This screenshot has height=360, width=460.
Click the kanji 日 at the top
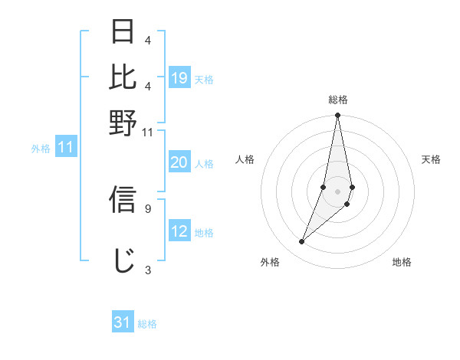point(123,32)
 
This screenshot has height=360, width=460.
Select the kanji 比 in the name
point(123,77)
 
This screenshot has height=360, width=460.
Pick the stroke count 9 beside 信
point(147,208)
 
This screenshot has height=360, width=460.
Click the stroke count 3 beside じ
point(147,269)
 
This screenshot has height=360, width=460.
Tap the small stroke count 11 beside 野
point(148,132)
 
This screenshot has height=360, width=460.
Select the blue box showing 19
point(179,78)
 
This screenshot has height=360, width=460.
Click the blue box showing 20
point(179,162)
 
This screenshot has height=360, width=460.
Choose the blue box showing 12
point(179,231)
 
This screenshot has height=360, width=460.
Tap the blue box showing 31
point(123,322)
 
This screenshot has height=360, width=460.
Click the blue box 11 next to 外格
point(65,147)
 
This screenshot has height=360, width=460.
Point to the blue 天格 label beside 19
point(204,79)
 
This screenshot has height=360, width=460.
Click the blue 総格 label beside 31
point(147,323)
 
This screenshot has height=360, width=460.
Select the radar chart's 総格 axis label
point(337,100)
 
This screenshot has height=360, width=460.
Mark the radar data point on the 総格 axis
point(337,116)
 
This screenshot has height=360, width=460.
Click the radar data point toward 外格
point(302,242)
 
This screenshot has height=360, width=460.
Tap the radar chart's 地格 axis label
point(402,262)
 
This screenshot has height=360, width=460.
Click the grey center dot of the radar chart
point(337,191)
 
